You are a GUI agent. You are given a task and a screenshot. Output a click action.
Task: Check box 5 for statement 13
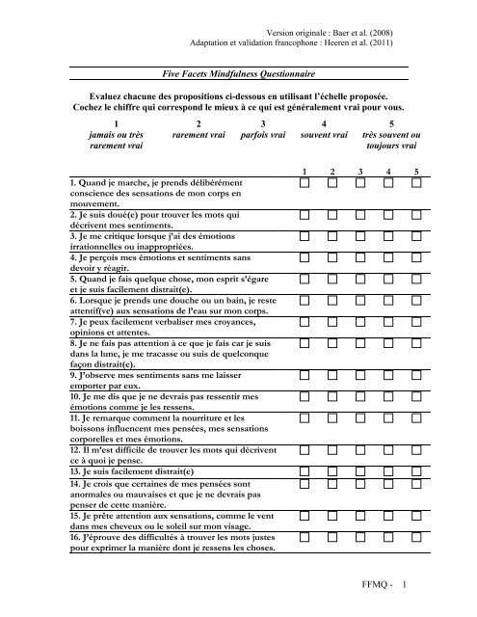point(415,471)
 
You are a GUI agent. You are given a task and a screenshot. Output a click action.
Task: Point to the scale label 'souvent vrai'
point(324,136)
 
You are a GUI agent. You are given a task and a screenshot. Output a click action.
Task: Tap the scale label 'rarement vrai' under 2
point(198,136)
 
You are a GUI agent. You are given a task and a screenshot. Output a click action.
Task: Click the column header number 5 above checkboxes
point(416,171)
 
